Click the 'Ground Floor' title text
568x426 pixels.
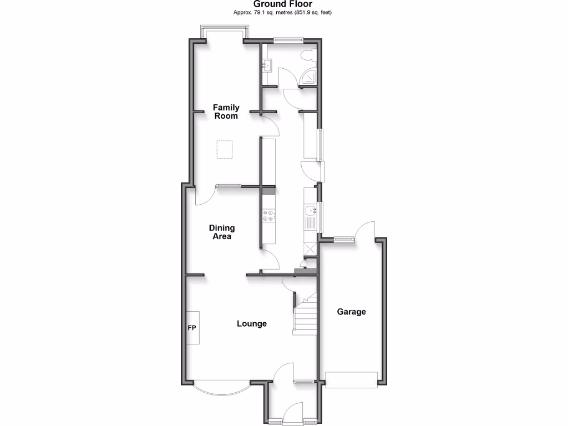coord(283,4)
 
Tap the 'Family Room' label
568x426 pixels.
coord(226,111)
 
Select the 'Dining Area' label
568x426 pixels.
coord(222,232)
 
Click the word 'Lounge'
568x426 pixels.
coord(252,323)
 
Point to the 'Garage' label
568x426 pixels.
coord(352,312)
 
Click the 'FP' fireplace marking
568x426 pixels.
coord(192,328)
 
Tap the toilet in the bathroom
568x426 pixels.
coord(308,54)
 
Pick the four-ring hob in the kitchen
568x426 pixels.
coord(268,215)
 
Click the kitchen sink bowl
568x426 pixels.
coord(310,210)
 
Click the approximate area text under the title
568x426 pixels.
coord(283,12)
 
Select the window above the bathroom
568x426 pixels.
coord(289,39)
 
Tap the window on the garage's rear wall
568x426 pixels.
coord(343,239)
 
